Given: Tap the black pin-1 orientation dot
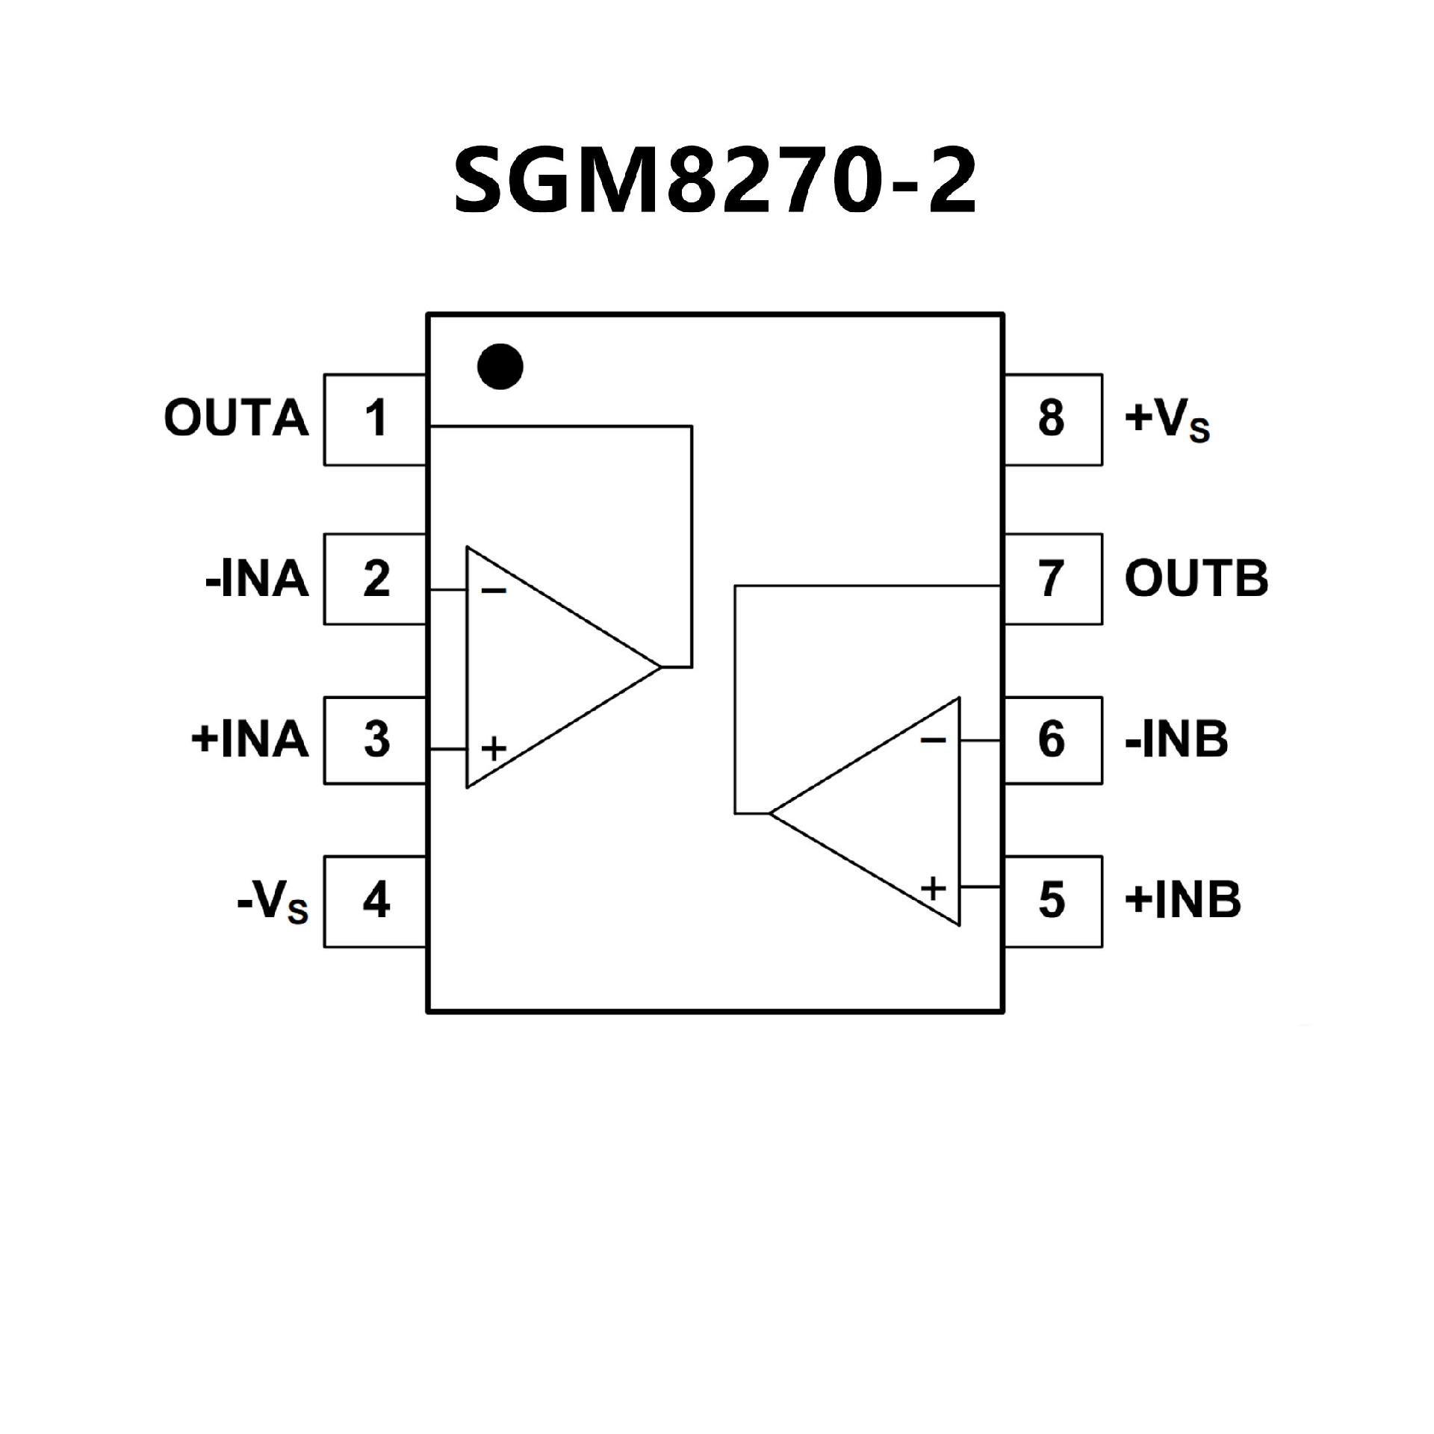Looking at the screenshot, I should pos(500,367).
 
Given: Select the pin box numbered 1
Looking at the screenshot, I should pos(375,419).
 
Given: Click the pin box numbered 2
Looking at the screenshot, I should pos(375,579).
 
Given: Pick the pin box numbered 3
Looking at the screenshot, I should pos(375,740).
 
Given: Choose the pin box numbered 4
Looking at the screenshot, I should pos(375,901).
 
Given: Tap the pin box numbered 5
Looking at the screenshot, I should pos(1052,901).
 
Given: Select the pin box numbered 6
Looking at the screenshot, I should pos(1052,740).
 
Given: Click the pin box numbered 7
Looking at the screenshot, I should pos(1052,579).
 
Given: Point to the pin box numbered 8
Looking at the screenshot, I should pos(1052,419).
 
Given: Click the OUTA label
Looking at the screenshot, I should pos(236,418).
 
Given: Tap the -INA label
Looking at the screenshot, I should pos(257,580).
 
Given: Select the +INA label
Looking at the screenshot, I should pos(250,740).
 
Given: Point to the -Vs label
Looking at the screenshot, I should pos(273,904).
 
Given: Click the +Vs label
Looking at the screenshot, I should pos(1167,421).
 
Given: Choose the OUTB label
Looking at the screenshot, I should pos(1196,579).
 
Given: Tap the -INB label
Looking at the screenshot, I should pos(1176,740).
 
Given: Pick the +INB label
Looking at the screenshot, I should pos(1182,901).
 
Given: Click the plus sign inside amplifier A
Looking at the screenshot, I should pos(494,748).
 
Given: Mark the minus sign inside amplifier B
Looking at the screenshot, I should pos(933,740).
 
